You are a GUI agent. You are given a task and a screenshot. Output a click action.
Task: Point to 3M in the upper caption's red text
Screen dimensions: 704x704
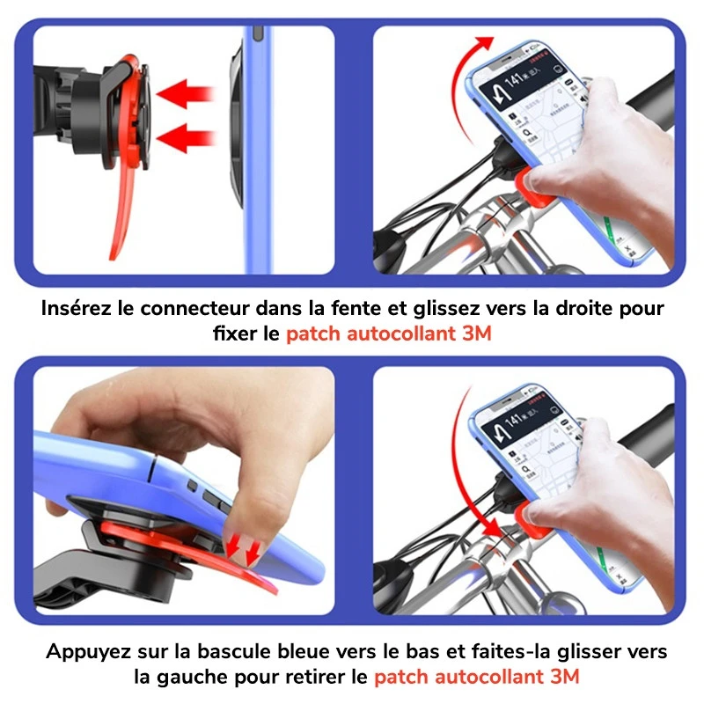click(477, 335)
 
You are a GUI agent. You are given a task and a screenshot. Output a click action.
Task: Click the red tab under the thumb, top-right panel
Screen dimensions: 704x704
click(528, 185)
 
